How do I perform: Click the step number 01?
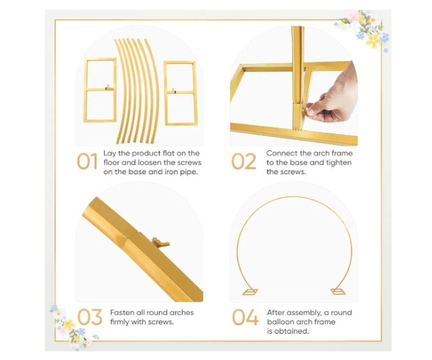[x=87, y=161]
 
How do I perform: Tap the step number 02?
[x=244, y=161]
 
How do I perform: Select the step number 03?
[x=90, y=317]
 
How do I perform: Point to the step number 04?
[x=245, y=317]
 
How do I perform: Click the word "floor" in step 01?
[x=112, y=162]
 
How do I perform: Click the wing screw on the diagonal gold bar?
[x=160, y=242]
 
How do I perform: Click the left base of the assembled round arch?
[x=250, y=292]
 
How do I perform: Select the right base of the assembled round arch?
[x=338, y=291]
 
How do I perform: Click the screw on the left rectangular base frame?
[x=107, y=87]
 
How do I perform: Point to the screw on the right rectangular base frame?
[x=173, y=90]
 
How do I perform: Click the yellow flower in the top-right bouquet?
[x=374, y=40]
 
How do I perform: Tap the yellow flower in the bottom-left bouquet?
[x=69, y=325]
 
